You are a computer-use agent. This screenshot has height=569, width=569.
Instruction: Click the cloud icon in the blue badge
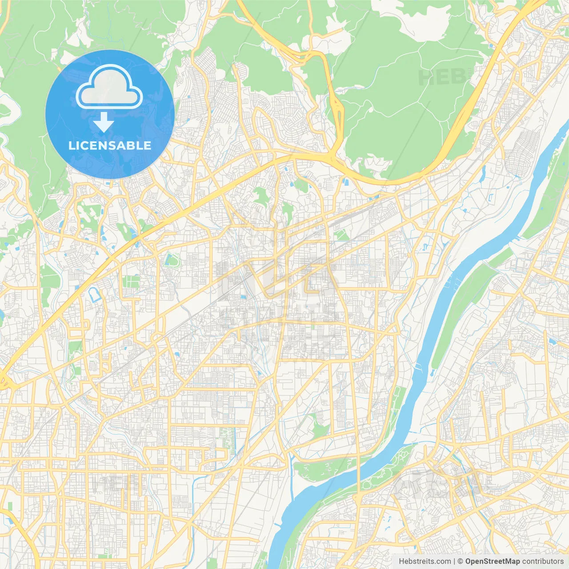109,88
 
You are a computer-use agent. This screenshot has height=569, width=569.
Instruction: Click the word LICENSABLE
110,145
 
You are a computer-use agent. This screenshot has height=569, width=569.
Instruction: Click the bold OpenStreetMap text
492,561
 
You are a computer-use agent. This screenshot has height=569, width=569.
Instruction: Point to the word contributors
543,561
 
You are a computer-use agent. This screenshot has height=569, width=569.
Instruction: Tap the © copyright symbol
461,561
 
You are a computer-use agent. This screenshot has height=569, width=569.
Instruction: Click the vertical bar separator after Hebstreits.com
454,561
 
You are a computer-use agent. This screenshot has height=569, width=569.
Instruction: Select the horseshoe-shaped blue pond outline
95,295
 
